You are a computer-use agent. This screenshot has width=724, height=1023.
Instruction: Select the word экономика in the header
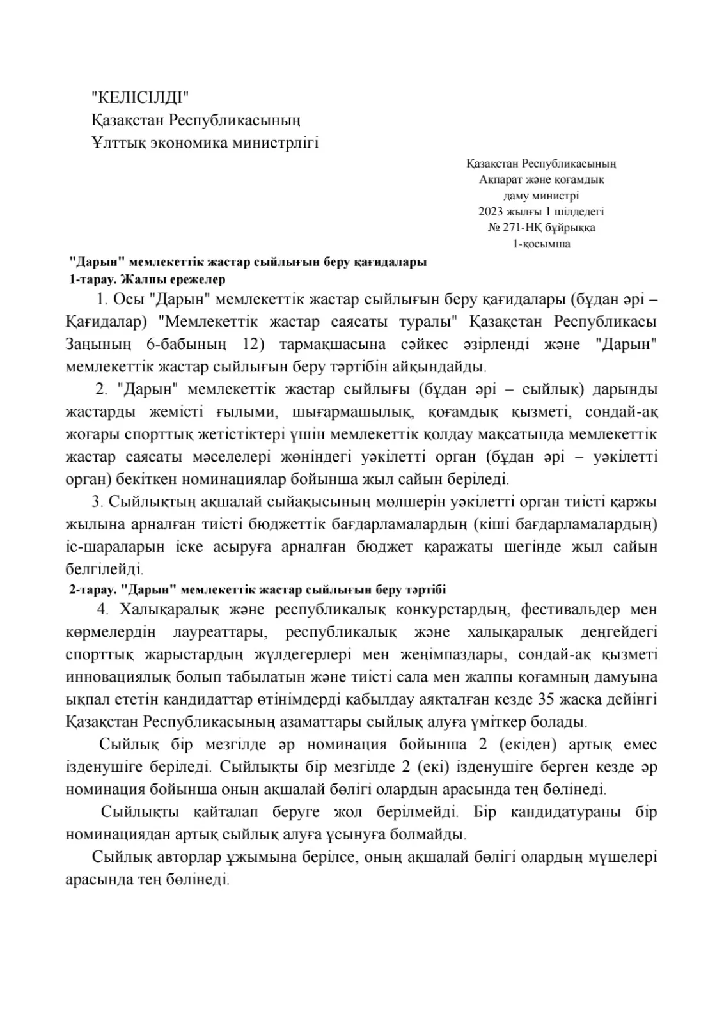click(x=189, y=143)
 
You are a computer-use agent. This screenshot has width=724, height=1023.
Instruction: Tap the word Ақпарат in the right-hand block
click(x=500, y=180)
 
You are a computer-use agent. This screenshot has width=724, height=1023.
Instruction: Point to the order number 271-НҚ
click(x=517, y=228)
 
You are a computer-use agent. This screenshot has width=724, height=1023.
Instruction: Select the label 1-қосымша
click(x=541, y=244)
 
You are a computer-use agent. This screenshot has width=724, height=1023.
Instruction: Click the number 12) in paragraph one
click(x=254, y=344)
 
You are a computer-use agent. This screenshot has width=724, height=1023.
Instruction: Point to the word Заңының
click(x=98, y=344)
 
